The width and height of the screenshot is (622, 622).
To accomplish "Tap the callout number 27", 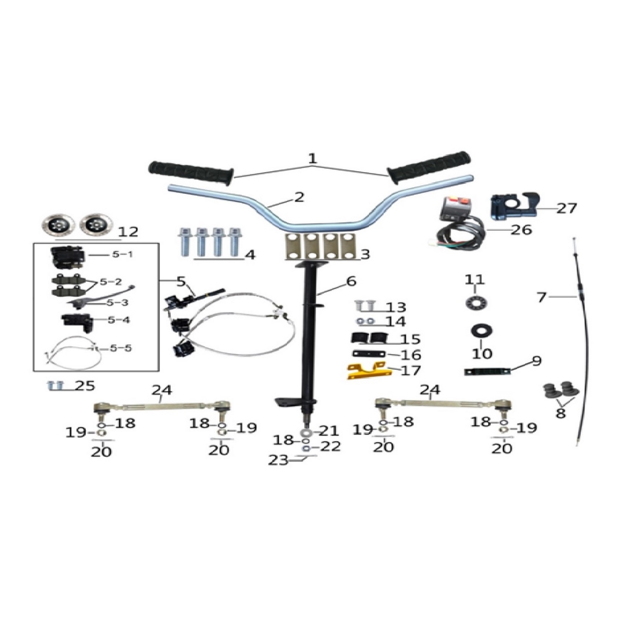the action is tap(567, 208).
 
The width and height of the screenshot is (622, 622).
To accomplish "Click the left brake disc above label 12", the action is tap(59, 223).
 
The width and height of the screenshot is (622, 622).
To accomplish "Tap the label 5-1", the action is tap(122, 254).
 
